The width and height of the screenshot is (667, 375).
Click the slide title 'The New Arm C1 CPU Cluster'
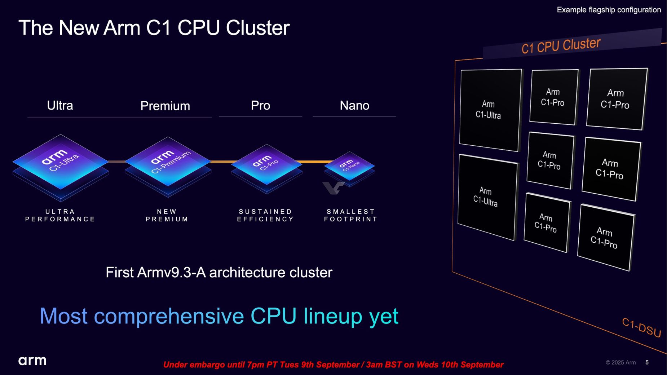pos(154,28)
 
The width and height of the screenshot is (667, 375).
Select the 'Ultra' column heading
pos(60,106)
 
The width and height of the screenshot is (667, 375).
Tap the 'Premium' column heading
pos(165,106)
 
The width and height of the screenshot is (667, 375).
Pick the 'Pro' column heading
pos(260,106)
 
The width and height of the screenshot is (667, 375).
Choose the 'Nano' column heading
pos(354,106)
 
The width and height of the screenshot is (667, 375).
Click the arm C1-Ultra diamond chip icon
pos(61,162)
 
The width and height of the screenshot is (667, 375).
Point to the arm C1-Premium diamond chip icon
pos(168,162)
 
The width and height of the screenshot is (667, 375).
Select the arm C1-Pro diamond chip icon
pos(266,164)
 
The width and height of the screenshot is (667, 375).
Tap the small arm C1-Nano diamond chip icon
pos(349,166)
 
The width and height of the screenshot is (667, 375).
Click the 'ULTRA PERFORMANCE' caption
pos(60,215)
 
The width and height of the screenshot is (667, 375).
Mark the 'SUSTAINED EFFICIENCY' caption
pos(265,215)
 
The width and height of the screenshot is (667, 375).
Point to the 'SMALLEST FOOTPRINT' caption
pos(351,215)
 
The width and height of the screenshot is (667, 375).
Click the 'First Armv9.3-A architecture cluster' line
pos(219,273)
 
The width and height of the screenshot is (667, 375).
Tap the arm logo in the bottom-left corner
pos(32,361)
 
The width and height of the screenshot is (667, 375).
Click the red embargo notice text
pos(333,365)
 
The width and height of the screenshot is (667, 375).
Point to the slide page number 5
pos(647,362)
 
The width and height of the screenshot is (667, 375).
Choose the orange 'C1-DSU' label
pos(641,327)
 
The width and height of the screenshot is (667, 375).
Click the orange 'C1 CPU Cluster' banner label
pos(561,46)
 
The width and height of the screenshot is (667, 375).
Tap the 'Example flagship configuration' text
pos(609,10)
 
